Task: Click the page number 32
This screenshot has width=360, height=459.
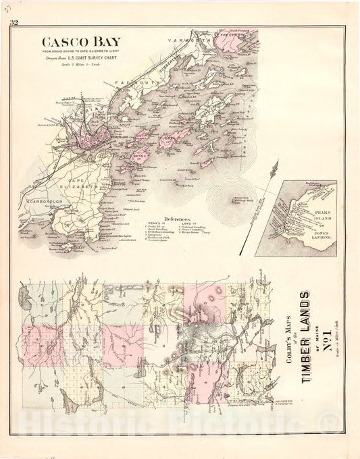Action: [x=13, y=24]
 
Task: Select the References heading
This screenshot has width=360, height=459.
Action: [x=165, y=210]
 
